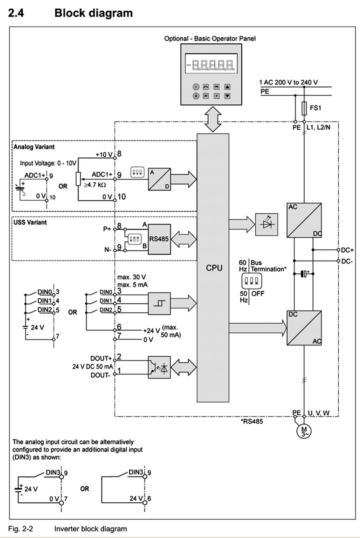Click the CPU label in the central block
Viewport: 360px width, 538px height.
pyautogui.click(x=214, y=268)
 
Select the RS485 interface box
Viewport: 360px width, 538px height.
pyautogui.click(x=159, y=239)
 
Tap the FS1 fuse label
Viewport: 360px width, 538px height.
pyautogui.click(x=315, y=108)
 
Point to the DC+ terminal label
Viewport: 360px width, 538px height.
pyautogui.click(x=347, y=250)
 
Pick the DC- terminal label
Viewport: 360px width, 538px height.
pyautogui.click(x=347, y=261)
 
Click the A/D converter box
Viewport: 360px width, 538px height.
pyautogui.click(x=159, y=179)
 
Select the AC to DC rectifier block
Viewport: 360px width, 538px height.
pyautogui.click(x=304, y=220)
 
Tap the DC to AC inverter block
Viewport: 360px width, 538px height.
pyautogui.click(x=304, y=328)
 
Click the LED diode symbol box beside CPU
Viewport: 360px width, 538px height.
pyautogui.click(x=266, y=225)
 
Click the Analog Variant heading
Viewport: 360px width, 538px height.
pyautogui.click(x=34, y=147)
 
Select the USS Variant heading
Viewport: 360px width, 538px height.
pyautogui.click(x=30, y=222)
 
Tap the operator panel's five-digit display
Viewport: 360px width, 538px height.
pyautogui.click(x=211, y=64)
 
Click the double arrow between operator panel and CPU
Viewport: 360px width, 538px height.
pyautogui.click(x=213, y=119)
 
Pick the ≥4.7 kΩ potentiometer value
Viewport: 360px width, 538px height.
pyautogui.click(x=95, y=185)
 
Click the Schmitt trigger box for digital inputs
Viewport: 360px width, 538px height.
pyautogui.click(x=159, y=303)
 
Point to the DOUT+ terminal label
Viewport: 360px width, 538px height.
pyautogui.click(x=101, y=358)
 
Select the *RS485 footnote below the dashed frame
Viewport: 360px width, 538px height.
pyautogui.click(x=251, y=421)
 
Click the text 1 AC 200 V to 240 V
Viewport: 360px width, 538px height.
pyautogui.click(x=289, y=82)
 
